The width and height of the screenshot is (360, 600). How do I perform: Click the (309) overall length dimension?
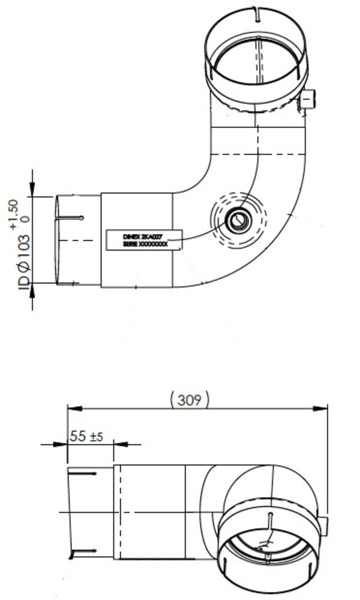coord(190,400)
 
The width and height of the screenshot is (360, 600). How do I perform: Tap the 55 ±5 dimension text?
coord(86,437)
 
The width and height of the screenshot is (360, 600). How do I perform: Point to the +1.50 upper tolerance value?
coord(14,215)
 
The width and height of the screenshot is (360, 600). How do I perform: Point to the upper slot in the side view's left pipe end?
coord(84,475)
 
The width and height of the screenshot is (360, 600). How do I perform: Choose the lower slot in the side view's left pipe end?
coord(84,551)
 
